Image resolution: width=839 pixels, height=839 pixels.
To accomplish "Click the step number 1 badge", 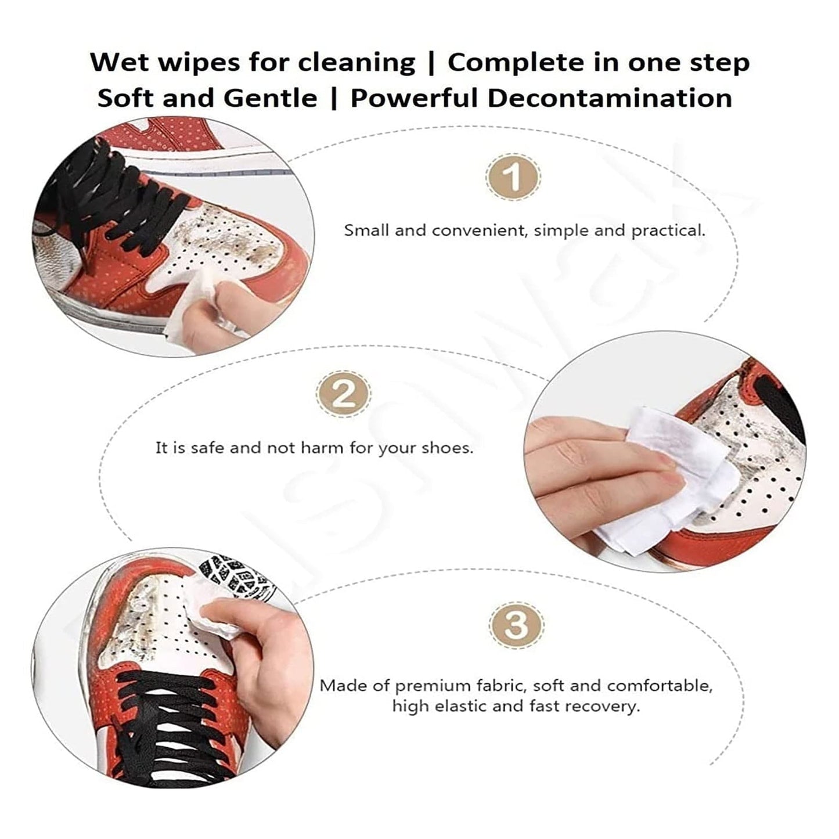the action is pyautogui.click(x=513, y=177).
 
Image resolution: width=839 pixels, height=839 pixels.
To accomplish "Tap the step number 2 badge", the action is pyautogui.click(x=344, y=394).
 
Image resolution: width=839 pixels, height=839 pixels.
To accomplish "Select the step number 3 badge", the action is pyautogui.click(x=517, y=625).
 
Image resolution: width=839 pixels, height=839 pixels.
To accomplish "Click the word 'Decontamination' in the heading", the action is pyautogui.click(x=610, y=98).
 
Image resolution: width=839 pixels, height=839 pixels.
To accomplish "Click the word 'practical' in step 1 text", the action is pyautogui.click(x=668, y=231).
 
